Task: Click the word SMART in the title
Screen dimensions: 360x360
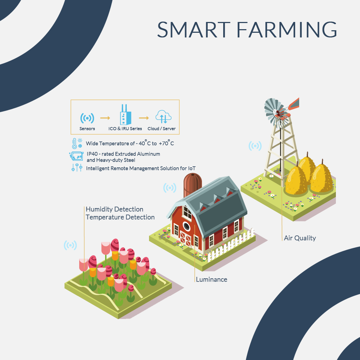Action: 194,30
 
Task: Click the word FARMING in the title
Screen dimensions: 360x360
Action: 287,30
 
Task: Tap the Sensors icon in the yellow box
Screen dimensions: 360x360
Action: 87,118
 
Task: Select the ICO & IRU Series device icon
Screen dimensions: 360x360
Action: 125,114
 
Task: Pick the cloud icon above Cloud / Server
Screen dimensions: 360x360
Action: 163,117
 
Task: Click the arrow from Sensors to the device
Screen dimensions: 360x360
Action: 105,118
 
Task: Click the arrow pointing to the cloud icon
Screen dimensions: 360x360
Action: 144,118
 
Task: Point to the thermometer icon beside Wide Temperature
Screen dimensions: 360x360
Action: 75,144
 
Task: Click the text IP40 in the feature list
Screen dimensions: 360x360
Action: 91,154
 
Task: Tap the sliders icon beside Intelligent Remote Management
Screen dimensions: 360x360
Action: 77,168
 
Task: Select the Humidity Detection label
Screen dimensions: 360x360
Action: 114,209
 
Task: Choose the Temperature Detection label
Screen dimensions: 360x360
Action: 120,217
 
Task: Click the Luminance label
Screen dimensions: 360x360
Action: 211,279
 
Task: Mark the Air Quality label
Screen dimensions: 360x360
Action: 300,238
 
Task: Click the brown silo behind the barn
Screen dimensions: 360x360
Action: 192,184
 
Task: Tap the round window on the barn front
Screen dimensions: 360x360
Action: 186,226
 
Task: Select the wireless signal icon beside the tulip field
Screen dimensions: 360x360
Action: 70,246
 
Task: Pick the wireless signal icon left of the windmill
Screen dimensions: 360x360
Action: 255,146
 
